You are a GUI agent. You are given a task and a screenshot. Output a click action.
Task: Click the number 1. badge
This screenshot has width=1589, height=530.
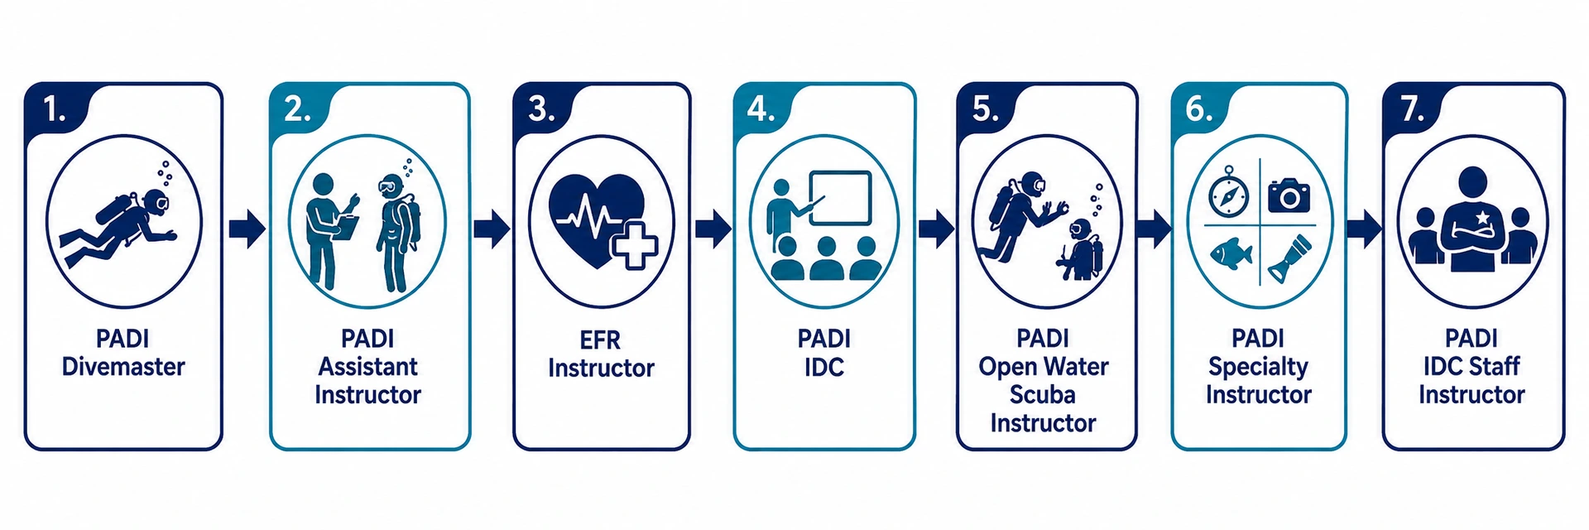click(x=55, y=108)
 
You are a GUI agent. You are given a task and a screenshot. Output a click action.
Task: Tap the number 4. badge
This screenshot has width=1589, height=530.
click(x=761, y=108)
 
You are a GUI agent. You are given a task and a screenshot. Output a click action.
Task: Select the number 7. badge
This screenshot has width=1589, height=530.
click(x=1413, y=108)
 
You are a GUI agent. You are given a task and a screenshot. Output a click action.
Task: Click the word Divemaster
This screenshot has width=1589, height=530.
click(x=123, y=367)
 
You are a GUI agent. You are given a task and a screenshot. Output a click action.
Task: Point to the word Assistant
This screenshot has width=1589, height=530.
click(x=368, y=367)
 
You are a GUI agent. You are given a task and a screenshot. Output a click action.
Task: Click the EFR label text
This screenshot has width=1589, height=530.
click(x=600, y=340)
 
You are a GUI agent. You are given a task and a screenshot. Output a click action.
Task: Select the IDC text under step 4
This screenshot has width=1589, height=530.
click(x=824, y=367)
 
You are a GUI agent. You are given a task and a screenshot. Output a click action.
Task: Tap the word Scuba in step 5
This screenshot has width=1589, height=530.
click(x=1043, y=394)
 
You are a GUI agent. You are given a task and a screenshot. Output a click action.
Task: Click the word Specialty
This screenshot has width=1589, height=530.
click(x=1259, y=367)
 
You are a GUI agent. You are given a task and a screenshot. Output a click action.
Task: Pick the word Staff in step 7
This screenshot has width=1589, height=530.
click(x=1495, y=366)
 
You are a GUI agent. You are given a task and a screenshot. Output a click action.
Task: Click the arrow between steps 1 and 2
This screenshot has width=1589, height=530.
click(x=247, y=229)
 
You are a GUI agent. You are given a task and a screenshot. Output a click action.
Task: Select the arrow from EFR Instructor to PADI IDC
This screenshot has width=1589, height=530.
click(x=713, y=229)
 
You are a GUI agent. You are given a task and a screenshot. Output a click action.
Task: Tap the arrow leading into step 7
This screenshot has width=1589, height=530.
click(x=1364, y=229)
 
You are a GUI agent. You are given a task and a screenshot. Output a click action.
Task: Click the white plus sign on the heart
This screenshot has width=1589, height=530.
click(x=635, y=244)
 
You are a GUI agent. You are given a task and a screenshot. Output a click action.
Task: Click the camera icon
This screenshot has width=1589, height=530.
click(x=1289, y=195)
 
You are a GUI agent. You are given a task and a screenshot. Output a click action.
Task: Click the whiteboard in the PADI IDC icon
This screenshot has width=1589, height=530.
click(x=840, y=197)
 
